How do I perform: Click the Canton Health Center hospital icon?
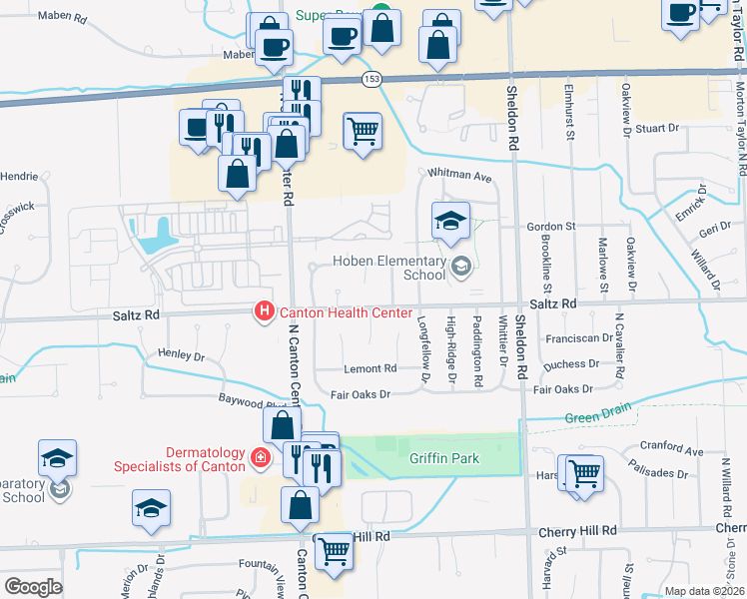[x=265, y=312]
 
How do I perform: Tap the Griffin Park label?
[x=444, y=459]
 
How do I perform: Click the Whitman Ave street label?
[x=460, y=177]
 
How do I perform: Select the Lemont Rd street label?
[x=371, y=368]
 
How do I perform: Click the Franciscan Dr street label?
[x=579, y=338]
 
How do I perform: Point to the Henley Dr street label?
[x=181, y=355]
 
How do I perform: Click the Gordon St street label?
[x=552, y=227]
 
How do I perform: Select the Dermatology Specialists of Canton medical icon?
[x=261, y=457]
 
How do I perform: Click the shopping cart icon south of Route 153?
[x=363, y=131]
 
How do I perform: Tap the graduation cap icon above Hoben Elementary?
[x=450, y=220]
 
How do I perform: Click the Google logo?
[x=33, y=587]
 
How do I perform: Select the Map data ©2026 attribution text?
[x=704, y=591]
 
